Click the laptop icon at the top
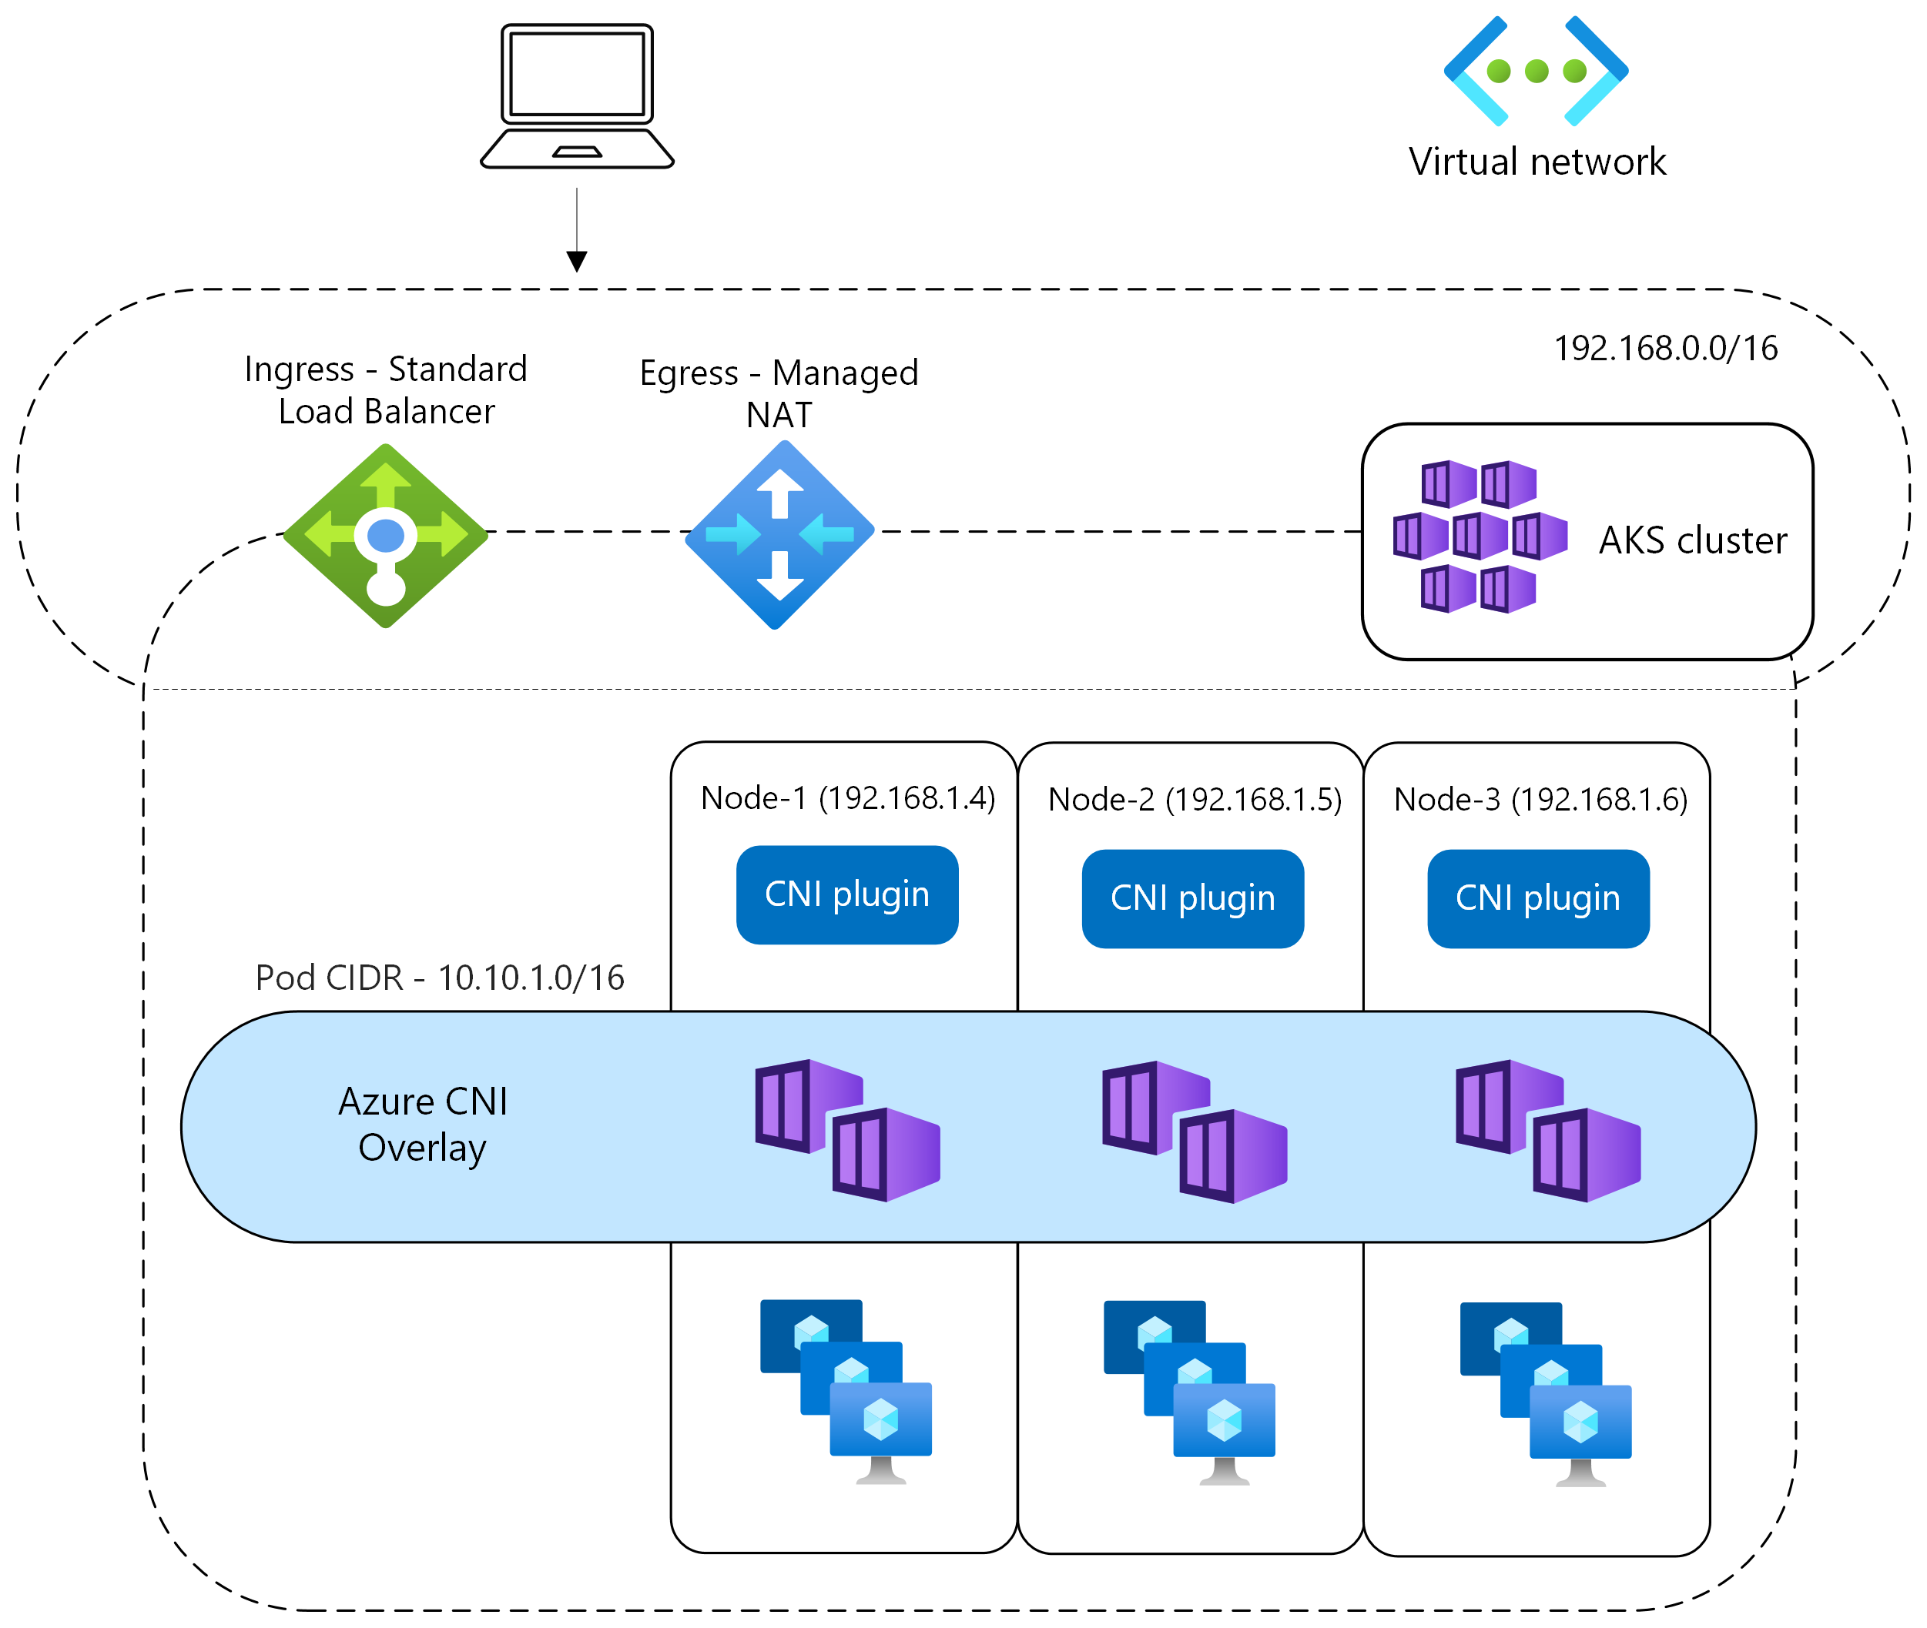(x=577, y=97)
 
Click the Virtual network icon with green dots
(x=1536, y=71)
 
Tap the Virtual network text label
(x=1537, y=162)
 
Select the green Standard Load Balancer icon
(x=386, y=535)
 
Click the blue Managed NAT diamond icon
(x=779, y=534)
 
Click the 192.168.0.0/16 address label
(x=1665, y=348)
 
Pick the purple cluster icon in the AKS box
(x=1480, y=537)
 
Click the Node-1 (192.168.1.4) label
(x=848, y=797)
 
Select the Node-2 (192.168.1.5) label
(x=1194, y=799)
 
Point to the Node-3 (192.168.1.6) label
(x=1540, y=799)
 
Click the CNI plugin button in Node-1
(x=846, y=894)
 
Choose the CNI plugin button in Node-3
(x=1537, y=898)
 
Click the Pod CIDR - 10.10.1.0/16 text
(x=440, y=978)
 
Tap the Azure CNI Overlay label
(x=423, y=1124)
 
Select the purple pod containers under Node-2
(x=1194, y=1131)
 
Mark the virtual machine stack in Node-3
(x=1545, y=1392)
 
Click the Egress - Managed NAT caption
(x=779, y=393)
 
